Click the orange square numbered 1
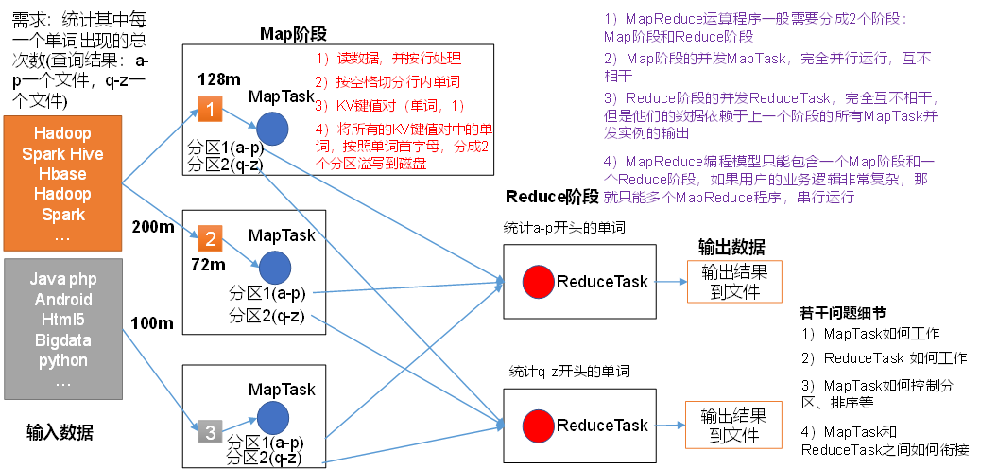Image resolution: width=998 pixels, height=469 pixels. coord(209,109)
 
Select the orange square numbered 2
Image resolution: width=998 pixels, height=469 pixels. coord(210,236)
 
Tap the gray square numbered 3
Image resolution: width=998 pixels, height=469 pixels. coord(210,433)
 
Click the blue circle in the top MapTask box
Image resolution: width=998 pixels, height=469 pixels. coord(273,129)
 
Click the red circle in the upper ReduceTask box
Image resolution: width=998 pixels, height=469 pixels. coord(538,281)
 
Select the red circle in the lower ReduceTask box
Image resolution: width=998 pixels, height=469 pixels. coord(538,426)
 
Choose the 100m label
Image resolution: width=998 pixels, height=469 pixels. coord(152,323)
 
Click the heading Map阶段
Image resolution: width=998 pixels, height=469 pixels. coord(293,34)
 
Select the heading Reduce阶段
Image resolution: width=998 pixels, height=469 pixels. coord(552,197)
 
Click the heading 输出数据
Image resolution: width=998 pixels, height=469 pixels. coord(731,248)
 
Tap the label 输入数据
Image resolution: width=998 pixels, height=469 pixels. coord(60,433)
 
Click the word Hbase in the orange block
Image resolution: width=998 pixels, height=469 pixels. coord(62,174)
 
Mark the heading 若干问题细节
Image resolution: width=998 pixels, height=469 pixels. coord(842,313)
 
